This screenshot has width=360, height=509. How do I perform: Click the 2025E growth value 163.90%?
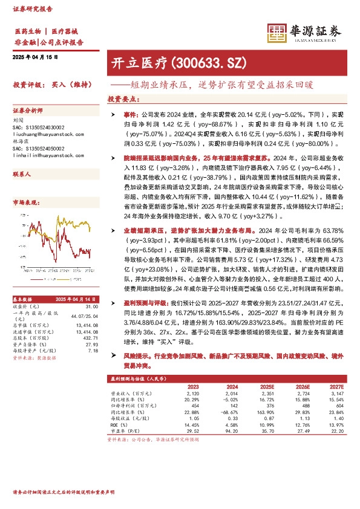(266, 412)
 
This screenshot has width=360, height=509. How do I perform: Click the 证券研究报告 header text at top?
(33, 8)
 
